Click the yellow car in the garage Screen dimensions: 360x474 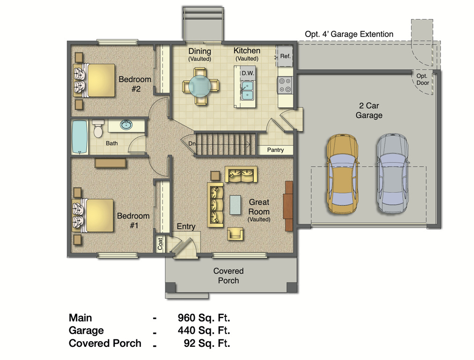[x=342, y=174]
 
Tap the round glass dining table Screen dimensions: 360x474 [x=200, y=85]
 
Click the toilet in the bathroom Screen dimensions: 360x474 [x=98, y=129]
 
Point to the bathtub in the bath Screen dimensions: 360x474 [x=80, y=136]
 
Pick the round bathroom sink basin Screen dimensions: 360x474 [x=126, y=125]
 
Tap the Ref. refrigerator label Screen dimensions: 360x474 [x=285, y=56]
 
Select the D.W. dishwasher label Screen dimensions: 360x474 [x=248, y=73]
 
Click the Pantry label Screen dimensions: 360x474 [x=276, y=150]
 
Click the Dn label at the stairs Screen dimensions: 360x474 [x=192, y=144]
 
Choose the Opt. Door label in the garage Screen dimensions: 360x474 [x=422, y=79]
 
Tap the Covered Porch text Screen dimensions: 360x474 [x=228, y=276]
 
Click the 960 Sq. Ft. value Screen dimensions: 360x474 [x=204, y=318]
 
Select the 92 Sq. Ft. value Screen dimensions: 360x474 [x=207, y=344]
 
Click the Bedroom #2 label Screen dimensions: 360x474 [x=135, y=83]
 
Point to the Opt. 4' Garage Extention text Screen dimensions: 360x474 [x=349, y=34]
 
